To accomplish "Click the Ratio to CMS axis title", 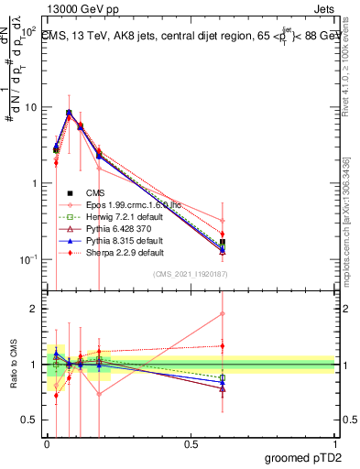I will coord(12,363).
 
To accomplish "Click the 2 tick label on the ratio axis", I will coord(33,309).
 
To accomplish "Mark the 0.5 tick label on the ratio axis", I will coord(28,420).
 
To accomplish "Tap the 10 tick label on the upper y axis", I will coord(29,107).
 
